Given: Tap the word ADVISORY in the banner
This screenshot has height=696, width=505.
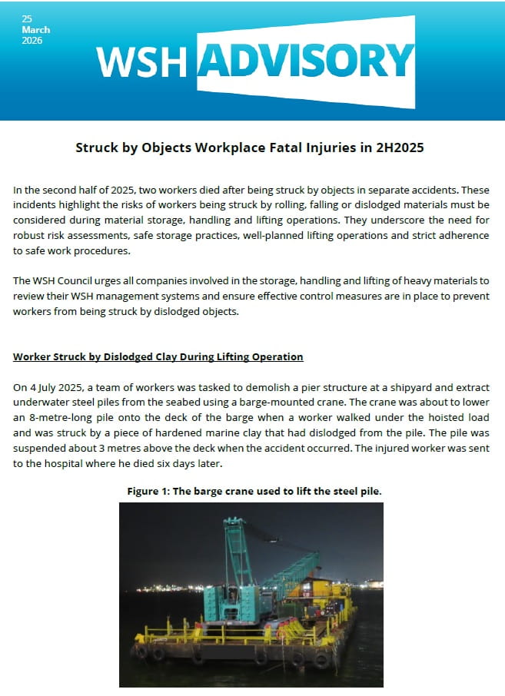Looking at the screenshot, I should coord(306,60).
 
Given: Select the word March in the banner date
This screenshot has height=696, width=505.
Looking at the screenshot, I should coord(35,30).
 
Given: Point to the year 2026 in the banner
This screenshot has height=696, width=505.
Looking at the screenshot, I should coord(32,41).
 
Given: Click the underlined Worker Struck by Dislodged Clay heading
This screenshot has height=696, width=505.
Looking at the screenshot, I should coord(158,356).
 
